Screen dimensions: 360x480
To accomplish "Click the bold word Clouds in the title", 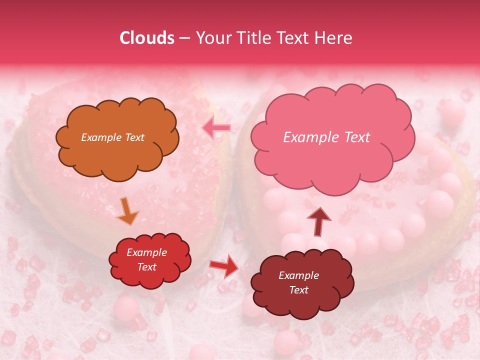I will [x=147, y=38].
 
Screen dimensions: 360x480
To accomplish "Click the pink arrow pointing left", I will [x=216, y=128].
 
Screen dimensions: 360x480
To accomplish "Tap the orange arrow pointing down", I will [x=127, y=210].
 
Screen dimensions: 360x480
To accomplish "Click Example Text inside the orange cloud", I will [x=112, y=137].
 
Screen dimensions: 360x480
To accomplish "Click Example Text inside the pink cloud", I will [x=326, y=137].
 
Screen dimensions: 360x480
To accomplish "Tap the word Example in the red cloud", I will [x=146, y=252].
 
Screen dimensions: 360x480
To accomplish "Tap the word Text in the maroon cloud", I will [x=299, y=290].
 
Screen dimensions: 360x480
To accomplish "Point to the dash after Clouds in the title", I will [x=184, y=38].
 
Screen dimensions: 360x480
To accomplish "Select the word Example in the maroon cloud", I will [x=299, y=275].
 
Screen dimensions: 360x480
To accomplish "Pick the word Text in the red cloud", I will [x=146, y=267].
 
